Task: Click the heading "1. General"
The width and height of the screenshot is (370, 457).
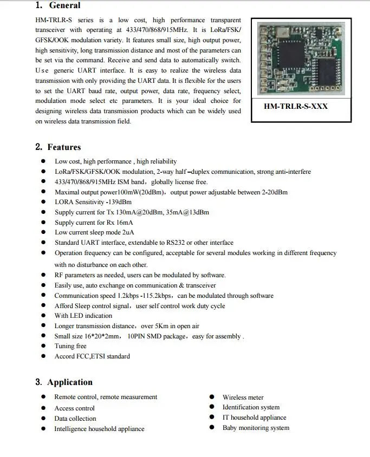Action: (58, 5)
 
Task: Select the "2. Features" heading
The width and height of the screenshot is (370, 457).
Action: (58, 147)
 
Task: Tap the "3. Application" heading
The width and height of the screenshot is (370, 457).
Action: (64, 382)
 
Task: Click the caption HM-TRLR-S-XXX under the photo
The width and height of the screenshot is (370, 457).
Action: (296, 106)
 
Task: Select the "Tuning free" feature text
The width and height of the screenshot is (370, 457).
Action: (70, 346)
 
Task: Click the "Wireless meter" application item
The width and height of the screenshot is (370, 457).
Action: (243, 397)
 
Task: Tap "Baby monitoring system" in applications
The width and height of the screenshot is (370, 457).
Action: (256, 428)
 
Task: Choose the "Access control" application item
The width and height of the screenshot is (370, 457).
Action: (74, 408)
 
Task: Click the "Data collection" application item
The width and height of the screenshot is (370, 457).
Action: (75, 419)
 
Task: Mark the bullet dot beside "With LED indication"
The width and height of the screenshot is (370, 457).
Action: (43, 316)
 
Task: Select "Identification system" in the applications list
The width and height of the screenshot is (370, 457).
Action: (251, 407)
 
